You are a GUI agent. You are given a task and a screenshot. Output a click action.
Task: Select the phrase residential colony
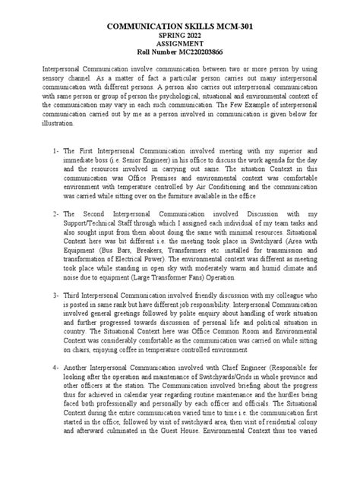(x=291, y=448)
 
